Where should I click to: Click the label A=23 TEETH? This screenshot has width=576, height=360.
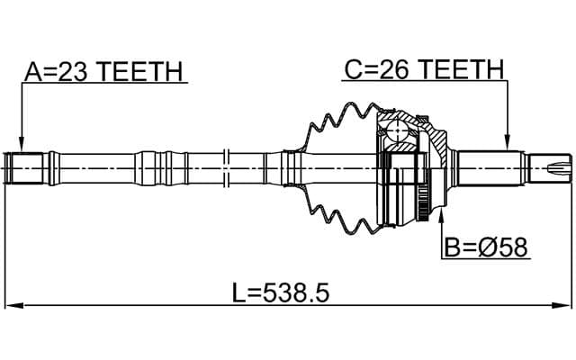[103, 71]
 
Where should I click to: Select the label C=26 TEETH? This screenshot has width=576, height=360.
[422, 68]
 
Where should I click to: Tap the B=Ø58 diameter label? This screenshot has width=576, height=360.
[484, 245]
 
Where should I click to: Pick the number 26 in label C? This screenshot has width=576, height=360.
[388, 68]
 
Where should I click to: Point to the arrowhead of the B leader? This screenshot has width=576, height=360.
[441, 216]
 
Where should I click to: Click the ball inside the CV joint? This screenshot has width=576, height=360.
[399, 136]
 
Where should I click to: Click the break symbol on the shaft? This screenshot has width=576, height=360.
[229, 166]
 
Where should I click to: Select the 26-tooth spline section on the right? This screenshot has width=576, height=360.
[490, 166]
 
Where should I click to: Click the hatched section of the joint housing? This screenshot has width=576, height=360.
[436, 140]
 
